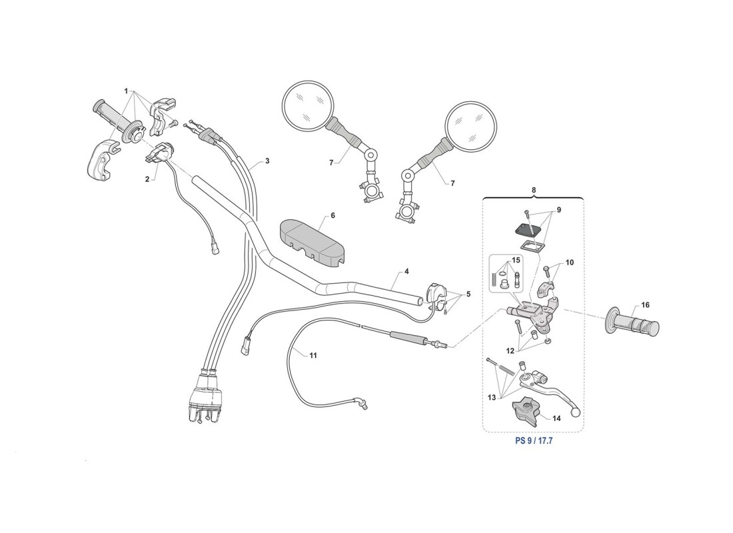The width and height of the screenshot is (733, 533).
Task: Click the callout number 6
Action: [333, 216]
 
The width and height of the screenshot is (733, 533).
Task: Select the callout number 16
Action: [645, 305]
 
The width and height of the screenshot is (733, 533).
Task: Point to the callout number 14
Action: [557, 418]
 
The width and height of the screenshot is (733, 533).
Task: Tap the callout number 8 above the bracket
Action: [533, 190]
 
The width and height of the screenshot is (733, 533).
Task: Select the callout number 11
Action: [313, 356]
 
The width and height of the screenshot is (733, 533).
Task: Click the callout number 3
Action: [267, 161]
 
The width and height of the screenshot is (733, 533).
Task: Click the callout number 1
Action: [125, 91]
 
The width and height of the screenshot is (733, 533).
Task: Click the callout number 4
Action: [406, 272]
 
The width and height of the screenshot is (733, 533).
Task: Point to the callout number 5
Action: [468, 294]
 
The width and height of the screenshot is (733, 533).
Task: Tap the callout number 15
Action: [515, 260]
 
